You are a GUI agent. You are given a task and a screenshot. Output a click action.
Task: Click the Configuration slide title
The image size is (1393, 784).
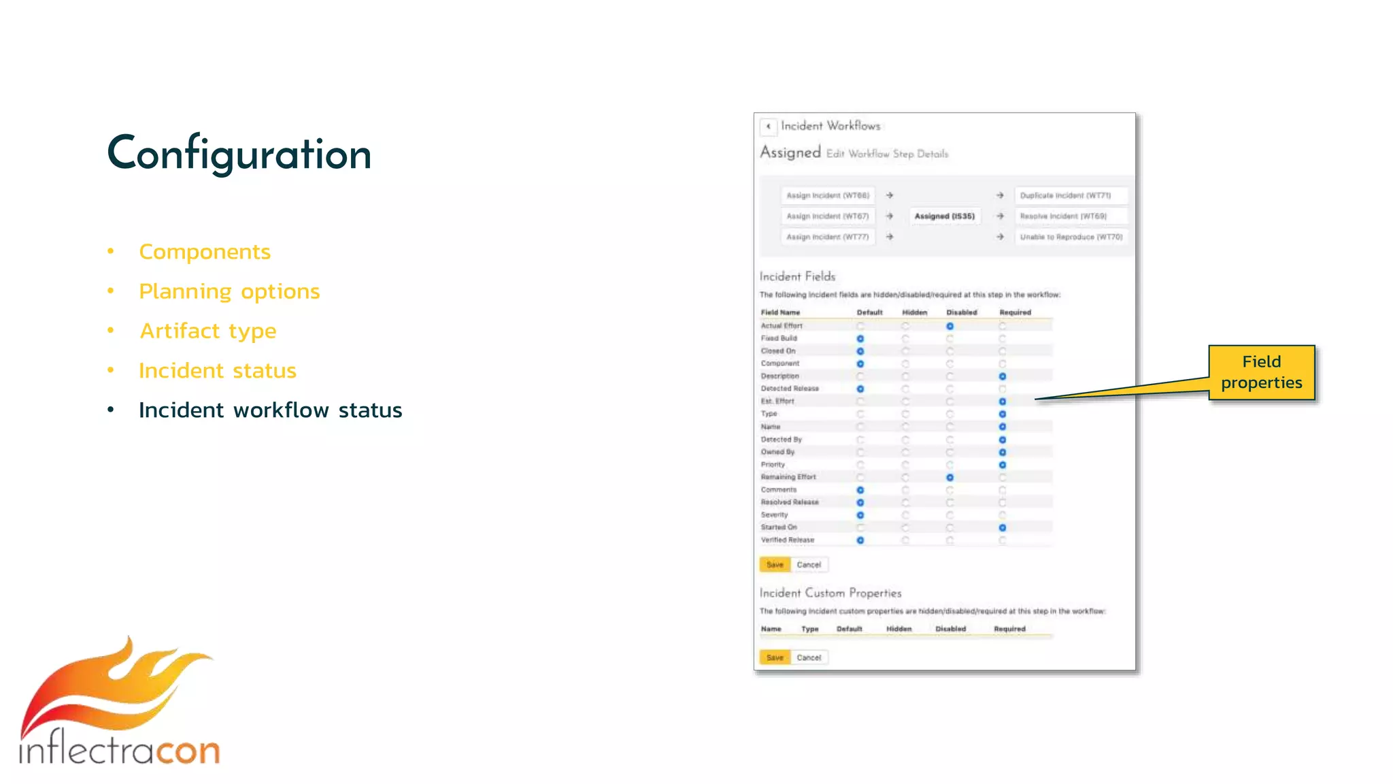click(x=239, y=154)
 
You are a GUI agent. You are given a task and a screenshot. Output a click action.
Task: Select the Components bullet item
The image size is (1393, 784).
click(x=204, y=252)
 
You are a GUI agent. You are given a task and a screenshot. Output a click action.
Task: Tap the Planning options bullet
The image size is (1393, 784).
click(x=229, y=291)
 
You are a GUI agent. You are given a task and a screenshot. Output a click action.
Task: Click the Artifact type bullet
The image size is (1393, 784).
click(x=207, y=331)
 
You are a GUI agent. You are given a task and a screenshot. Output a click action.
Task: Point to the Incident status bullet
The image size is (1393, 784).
click(x=217, y=370)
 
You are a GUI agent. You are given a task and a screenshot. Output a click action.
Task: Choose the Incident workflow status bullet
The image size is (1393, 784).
click(x=270, y=410)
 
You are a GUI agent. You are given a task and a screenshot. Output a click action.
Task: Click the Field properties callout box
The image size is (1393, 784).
click(x=1261, y=372)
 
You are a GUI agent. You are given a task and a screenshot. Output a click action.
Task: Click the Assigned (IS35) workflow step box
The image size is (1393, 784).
click(x=944, y=216)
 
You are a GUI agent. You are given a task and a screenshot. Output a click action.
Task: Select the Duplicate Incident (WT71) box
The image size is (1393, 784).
click(x=1070, y=195)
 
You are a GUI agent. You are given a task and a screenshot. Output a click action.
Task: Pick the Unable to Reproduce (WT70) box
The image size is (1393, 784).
click(x=1071, y=237)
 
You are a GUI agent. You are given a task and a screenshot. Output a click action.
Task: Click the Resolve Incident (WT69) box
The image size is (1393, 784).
click(x=1070, y=216)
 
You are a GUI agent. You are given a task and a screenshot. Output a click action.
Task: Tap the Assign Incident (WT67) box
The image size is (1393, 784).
click(x=828, y=216)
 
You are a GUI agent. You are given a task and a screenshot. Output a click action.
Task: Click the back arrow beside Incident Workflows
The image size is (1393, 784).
click(x=769, y=127)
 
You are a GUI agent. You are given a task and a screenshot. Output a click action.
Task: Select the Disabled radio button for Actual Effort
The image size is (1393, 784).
click(x=950, y=326)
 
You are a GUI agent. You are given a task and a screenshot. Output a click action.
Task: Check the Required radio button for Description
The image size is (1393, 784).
click(x=1002, y=376)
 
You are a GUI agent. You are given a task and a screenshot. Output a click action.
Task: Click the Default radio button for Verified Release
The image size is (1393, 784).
click(x=860, y=540)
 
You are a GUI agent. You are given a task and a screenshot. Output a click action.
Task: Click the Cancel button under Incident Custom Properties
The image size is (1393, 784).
click(x=809, y=657)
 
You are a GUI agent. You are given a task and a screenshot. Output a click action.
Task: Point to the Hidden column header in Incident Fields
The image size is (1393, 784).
click(x=914, y=312)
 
